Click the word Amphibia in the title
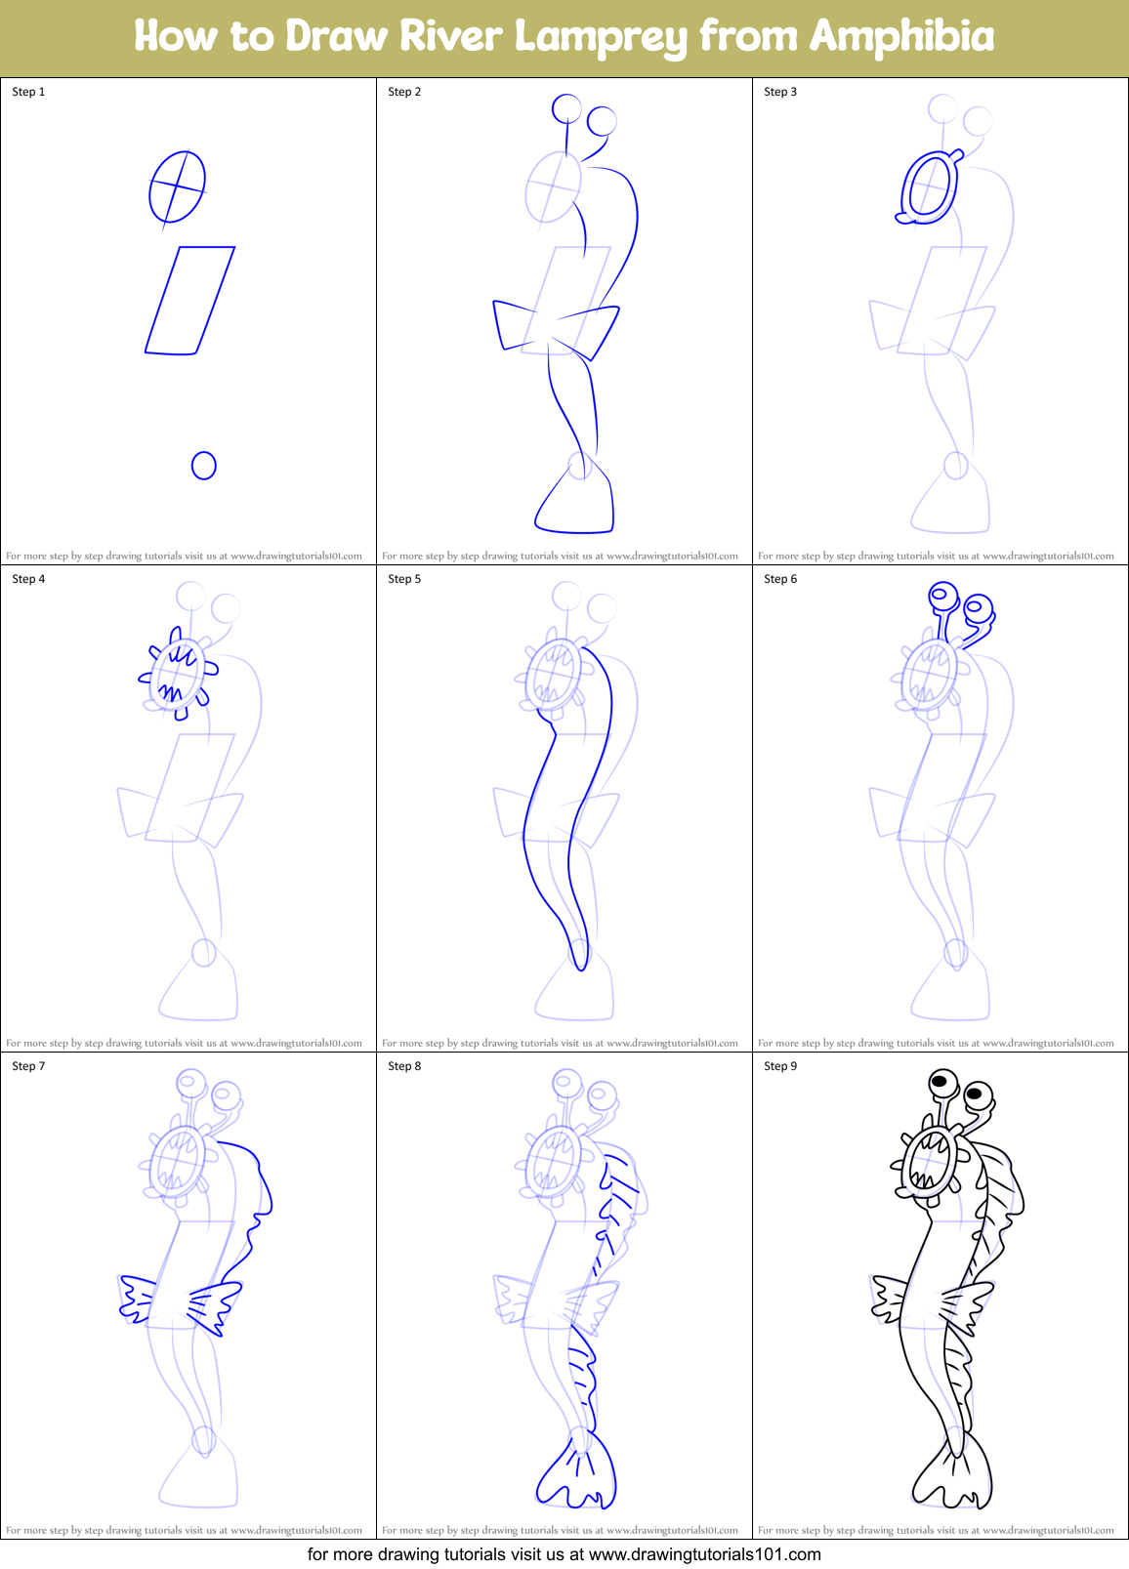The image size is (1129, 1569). pos(901,37)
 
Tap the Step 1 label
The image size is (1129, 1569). pos(28,92)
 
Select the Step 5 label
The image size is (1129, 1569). pos(404,579)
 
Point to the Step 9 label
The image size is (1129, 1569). pos(780,1066)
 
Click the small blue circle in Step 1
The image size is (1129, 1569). pos(203,466)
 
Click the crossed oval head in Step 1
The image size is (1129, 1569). pos(177,186)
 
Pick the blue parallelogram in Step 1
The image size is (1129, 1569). pos(190,301)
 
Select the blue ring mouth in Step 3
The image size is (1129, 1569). pos(928,188)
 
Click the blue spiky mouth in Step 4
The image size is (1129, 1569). pos(177,675)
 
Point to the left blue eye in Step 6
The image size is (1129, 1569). pos(941,594)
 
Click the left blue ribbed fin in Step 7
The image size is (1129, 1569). pos(137,1298)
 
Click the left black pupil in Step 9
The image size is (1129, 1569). pos(941,1081)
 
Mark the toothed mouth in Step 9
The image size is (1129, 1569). pos(928,1162)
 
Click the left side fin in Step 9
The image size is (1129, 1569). pos(890,1298)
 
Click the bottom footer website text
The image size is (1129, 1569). pos(564,1554)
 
